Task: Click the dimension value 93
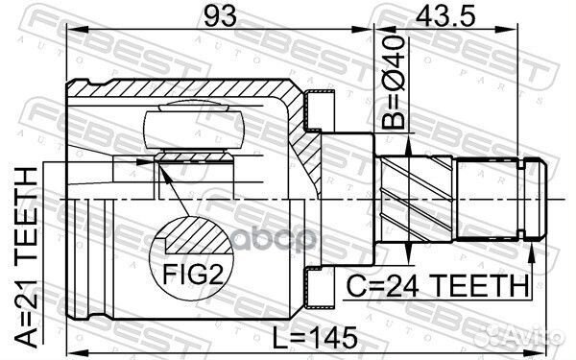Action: tap(220, 16)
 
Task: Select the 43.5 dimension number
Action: tap(445, 16)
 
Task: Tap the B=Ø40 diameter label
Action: tap(393, 82)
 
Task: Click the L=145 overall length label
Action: tap(315, 338)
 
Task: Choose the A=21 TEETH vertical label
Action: tap(27, 257)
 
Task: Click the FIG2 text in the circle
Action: tap(193, 274)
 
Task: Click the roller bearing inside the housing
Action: tap(194, 130)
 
